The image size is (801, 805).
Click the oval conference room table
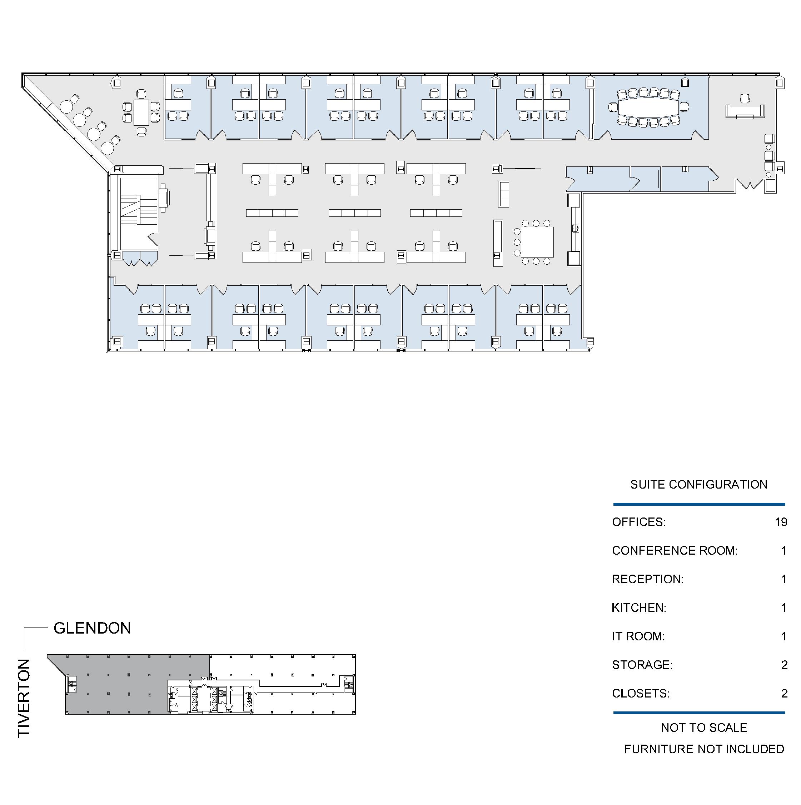click(x=648, y=107)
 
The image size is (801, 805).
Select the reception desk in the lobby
click(x=745, y=112)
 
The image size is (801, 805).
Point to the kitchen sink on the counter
click(x=576, y=228)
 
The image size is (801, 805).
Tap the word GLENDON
click(x=92, y=628)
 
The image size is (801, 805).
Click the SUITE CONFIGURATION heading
click(x=698, y=484)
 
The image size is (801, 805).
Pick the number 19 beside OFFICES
click(x=781, y=522)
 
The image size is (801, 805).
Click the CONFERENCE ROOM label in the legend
click(x=675, y=550)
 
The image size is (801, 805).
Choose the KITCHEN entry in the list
click(x=639, y=607)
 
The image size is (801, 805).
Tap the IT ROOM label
click(x=638, y=636)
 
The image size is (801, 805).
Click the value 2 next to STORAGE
click(x=784, y=665)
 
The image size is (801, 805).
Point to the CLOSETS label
click(x=641, y=693)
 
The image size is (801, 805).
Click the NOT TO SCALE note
click(x=704, y=727)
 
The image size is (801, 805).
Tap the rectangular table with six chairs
click(x=141, y=112)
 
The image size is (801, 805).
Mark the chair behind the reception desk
click(x=745, y=99)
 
